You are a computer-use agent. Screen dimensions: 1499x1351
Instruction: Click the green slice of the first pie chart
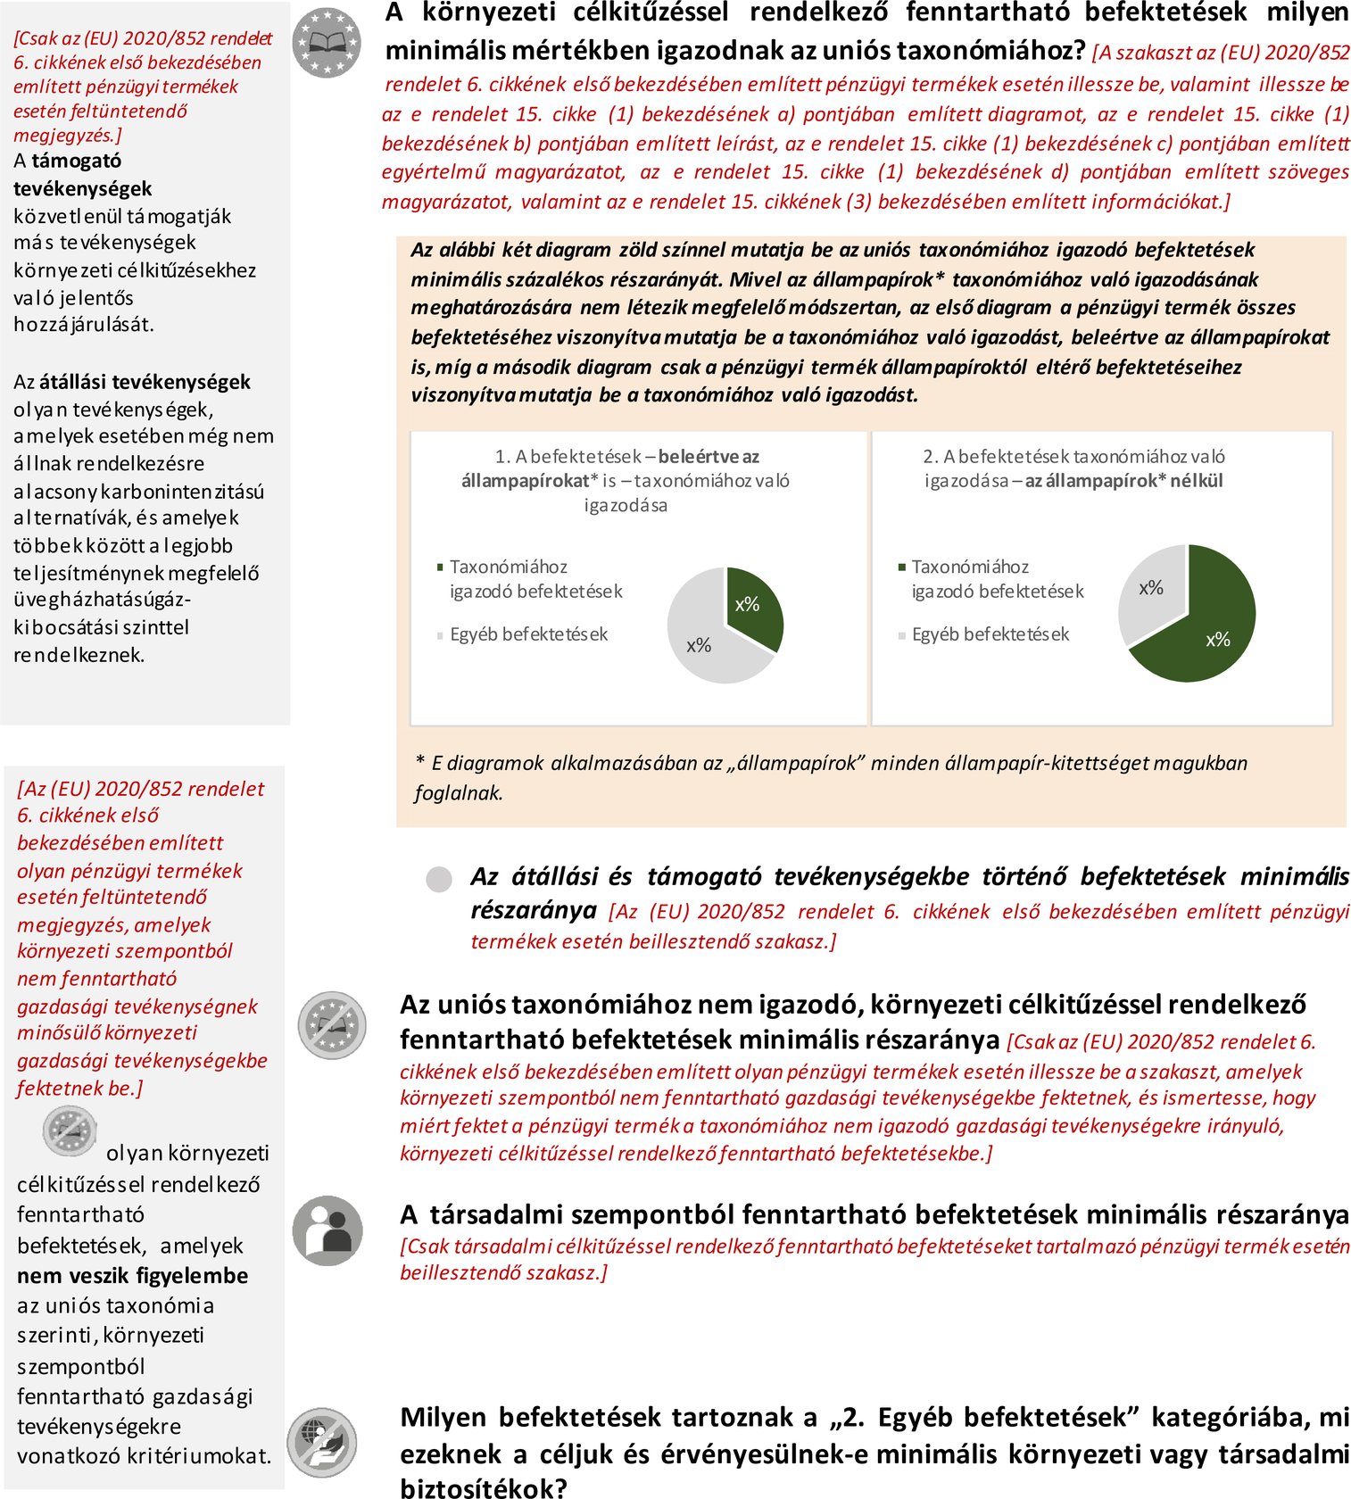pyautogui.click(x=752, y=607)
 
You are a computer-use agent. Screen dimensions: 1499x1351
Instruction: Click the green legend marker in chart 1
pyautogui.click(x=440, y=567)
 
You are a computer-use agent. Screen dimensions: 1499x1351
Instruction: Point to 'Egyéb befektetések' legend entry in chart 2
pyautogui.click(x=990, y=634)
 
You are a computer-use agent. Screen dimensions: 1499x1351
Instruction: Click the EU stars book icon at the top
pyautogui.click(x=327, y=42)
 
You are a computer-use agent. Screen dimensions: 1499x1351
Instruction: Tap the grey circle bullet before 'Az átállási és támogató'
pyautogui.click(x=439, y=880)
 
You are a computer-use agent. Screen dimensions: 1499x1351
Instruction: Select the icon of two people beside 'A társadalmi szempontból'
pyautogui.click(x=327, y=1231)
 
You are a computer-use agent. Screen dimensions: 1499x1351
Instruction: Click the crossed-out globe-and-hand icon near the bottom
pyautogui.click(x=322, y=1443)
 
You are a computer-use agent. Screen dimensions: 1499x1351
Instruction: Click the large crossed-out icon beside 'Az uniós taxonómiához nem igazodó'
pyautogui.click(x=332, y=1024)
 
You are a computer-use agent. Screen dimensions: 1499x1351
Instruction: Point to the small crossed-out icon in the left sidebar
pyautogui.click(x=69, y=1130)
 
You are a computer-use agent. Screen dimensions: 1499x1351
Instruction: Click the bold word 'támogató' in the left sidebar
pyautogui.click(x=77, y=161)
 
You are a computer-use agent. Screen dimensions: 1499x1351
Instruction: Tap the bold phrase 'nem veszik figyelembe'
pyautogui.click(x=132, y=1276)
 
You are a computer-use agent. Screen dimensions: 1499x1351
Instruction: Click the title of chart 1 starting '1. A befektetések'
pyautogui.click(x=626, y=480)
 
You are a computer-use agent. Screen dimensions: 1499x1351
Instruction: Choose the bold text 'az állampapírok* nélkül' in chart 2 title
pyautogui.click(x=1123, y=481)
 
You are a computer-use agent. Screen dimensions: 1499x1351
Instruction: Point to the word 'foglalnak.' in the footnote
pyautogui.click(x=459, y=793)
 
